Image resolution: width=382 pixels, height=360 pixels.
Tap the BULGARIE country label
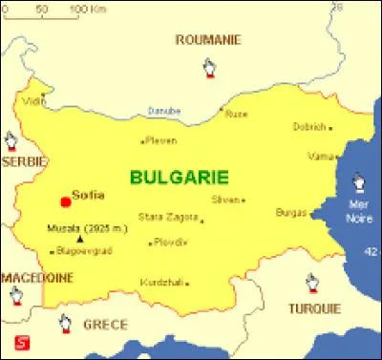(x=179, y=177)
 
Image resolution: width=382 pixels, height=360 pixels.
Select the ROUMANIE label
(x=208, y=39)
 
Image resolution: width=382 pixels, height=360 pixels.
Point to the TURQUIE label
(x=312, y=308)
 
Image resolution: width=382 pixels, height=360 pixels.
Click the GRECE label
(x=105, y=324)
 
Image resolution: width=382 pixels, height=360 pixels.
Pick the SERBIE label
(x=24, y=162)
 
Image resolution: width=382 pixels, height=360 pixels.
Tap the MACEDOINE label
(x=36, y=277)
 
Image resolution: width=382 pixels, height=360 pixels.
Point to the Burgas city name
(x=290, y=212)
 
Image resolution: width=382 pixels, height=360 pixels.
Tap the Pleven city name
(x=161, y=140)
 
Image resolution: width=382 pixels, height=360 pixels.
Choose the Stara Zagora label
(x=167, y=218)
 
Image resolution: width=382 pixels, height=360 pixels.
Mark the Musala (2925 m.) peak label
(x=86, y=228)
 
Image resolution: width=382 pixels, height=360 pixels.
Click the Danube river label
(x=164, y=111)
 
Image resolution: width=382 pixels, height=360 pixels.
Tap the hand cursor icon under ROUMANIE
(x=209, y=68)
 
